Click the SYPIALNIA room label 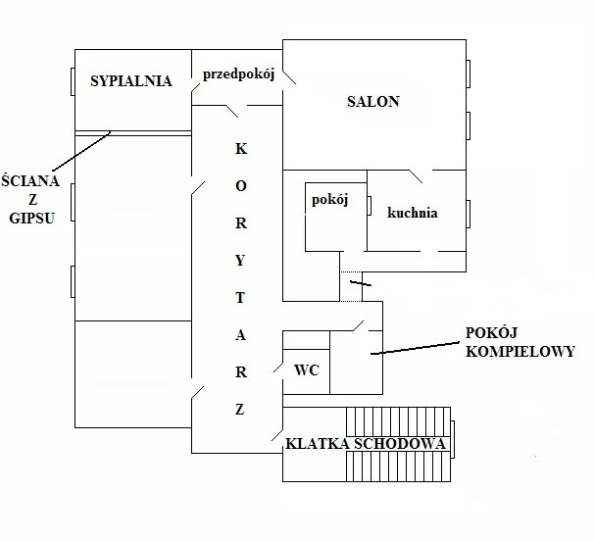tap(130, 81)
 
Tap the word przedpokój tap(243, 74)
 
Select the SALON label tap(373, 102)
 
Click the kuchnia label tap(412, 213)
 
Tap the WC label tap(307, 371)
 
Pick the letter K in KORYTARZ tap(242, 150)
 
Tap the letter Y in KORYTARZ tap(242, 258)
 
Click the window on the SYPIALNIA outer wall tap(72, 81)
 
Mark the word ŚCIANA tap(30, 180)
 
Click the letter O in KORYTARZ tap(242, 184)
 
